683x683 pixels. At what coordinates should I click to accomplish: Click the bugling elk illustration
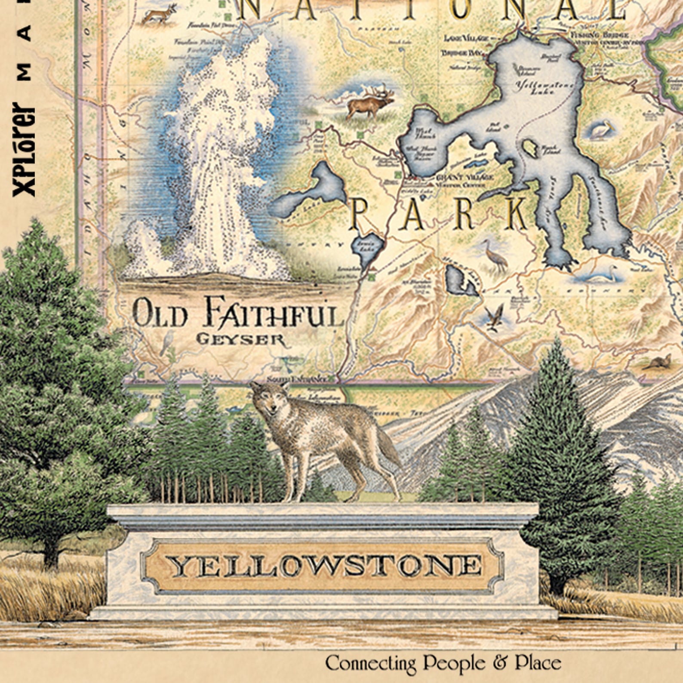point(370,104)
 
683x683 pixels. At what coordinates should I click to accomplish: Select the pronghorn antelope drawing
point(160,14)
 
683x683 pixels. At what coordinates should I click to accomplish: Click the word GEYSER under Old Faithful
point(240,339)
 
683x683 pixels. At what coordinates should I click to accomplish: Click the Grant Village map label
point(465,177)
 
